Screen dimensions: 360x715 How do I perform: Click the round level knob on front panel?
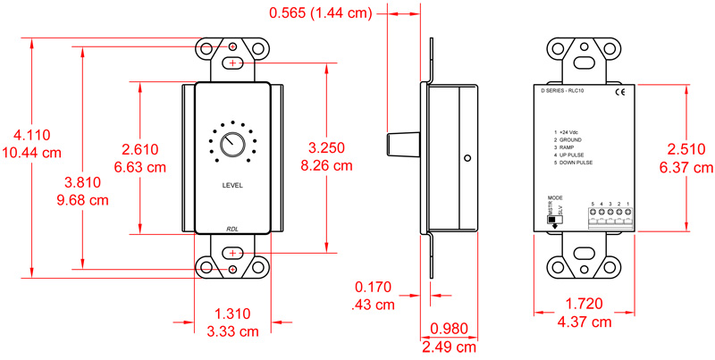click(x=232, y=145)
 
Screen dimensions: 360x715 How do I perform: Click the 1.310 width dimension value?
click(x=232, y=314)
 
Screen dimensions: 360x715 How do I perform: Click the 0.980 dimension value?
click(x=449, y=329)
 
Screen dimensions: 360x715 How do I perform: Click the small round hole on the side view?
click(x=467, y=158)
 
